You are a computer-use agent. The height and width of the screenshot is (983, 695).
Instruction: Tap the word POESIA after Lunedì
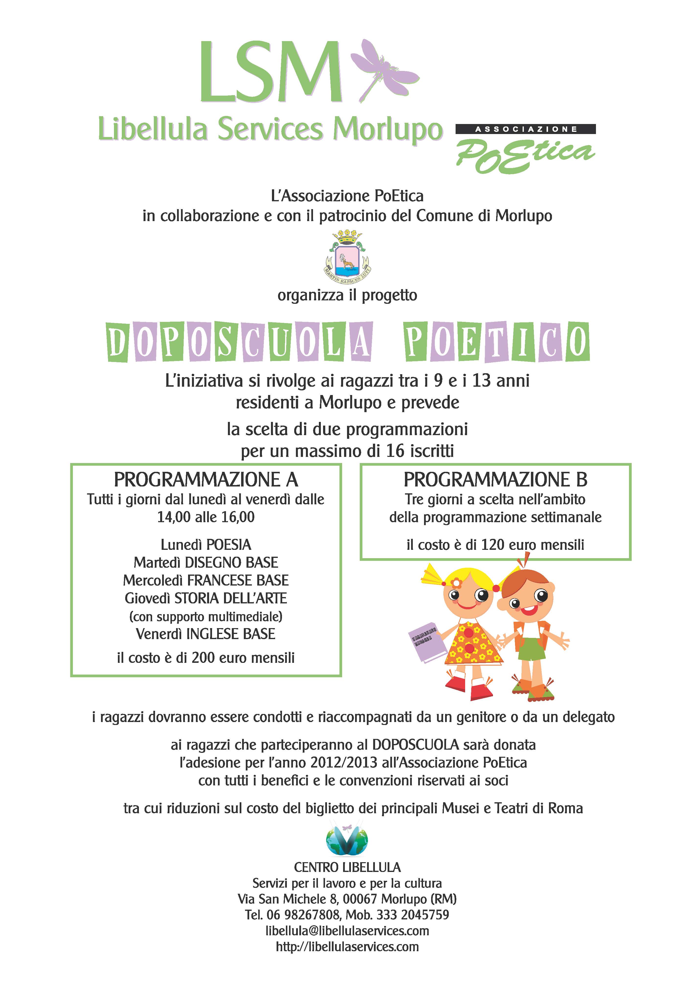229,545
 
